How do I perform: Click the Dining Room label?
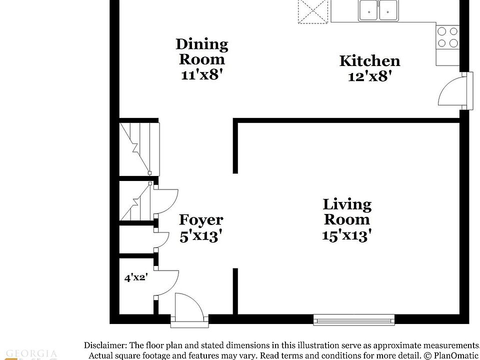tap(201, 51)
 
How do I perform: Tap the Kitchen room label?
tap(369, 61)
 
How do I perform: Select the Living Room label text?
tap(347, 211)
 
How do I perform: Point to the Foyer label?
tap(201, 220)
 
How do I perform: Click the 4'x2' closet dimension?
tap(135, 277)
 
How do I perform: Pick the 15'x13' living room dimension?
tap(347, 235)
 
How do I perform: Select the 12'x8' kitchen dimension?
tap(369, 76)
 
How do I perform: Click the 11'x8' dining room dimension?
tap(201, 75)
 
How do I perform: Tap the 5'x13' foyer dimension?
tap(201, 235)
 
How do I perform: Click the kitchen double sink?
tap(378, 10)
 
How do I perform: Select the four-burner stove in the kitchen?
tap(447, 37)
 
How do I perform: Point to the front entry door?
tap(188, 307)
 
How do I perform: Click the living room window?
tap(354, 319)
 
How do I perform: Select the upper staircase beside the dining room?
tap(138, 147)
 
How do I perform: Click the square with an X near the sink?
tap(311, 10)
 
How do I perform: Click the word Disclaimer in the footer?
tap(105, 345)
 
